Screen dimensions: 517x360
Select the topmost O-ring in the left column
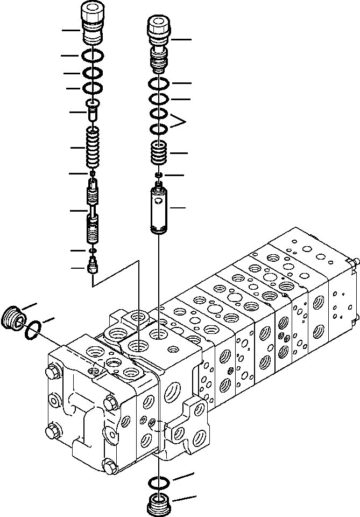94,55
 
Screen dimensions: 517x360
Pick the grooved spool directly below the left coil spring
94,193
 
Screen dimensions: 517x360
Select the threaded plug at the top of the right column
159,38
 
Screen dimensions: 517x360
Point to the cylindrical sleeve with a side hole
160,210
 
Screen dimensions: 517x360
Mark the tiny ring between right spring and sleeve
159,176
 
